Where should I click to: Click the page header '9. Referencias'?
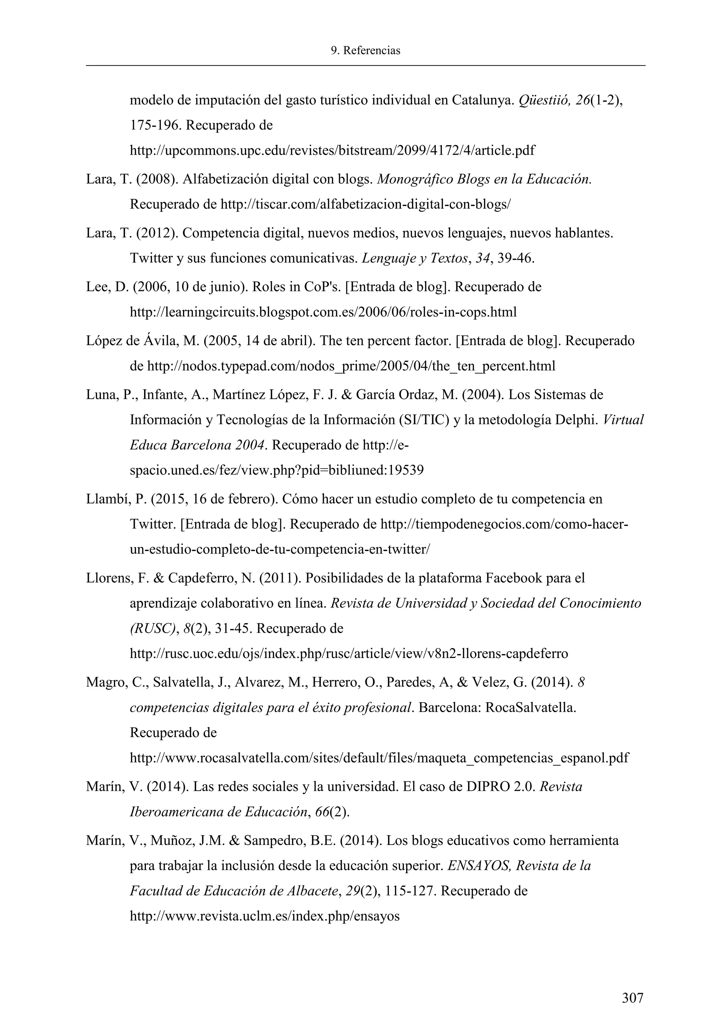tap(365, 51)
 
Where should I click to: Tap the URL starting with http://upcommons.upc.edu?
tap(332, 150)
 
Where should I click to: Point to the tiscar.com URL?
tap(365, 205)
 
